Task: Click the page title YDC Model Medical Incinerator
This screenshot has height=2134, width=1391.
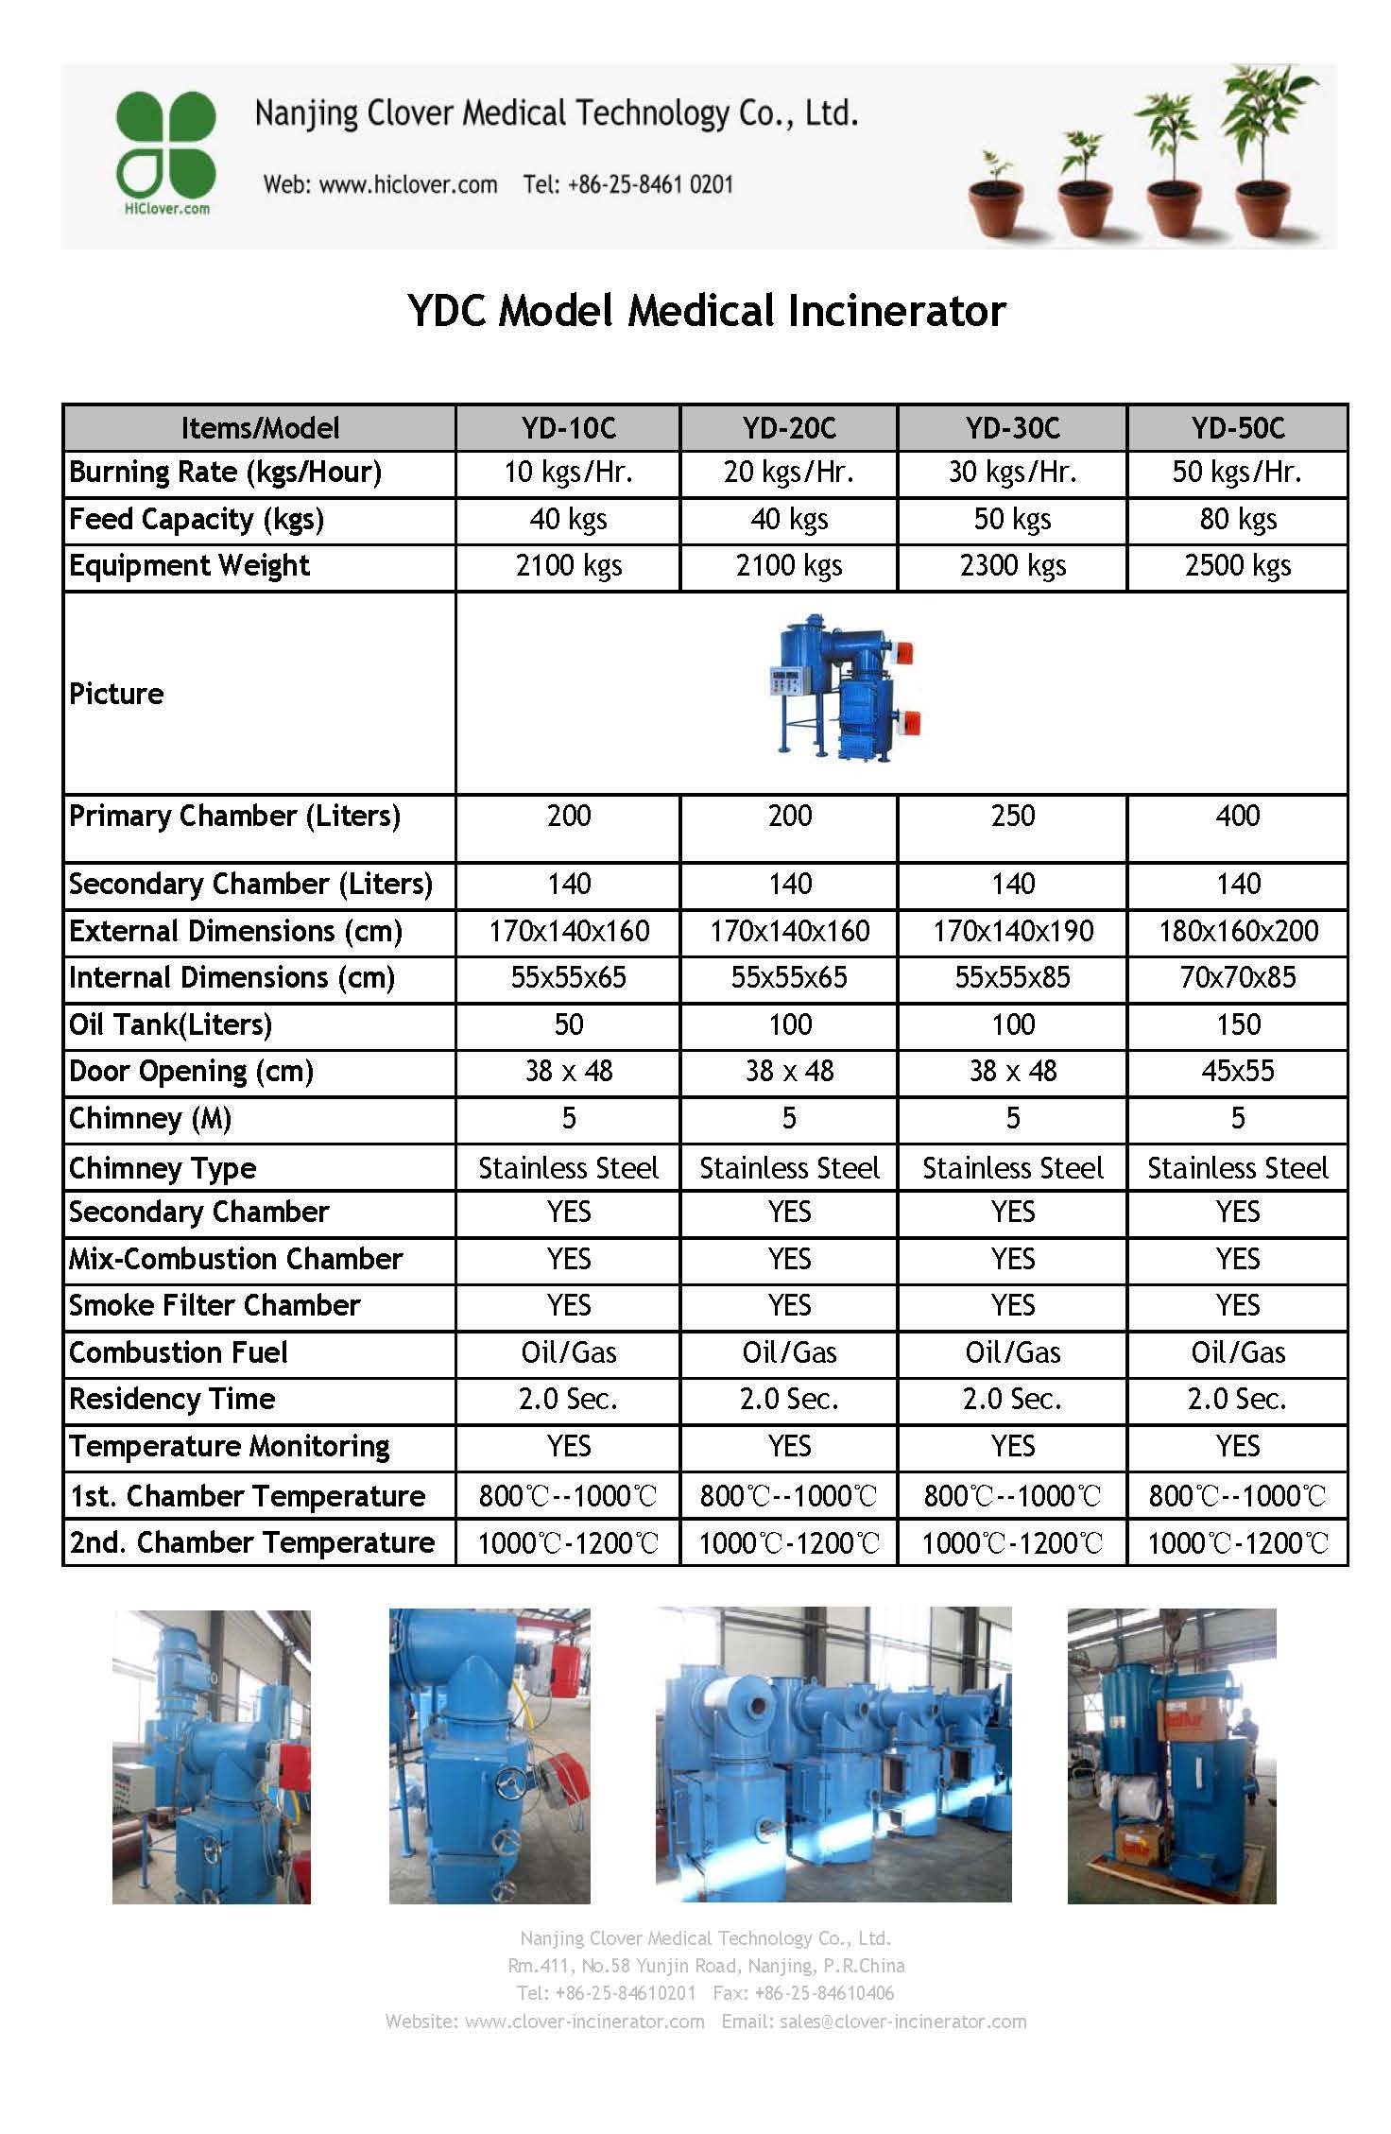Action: (x=706, y=311)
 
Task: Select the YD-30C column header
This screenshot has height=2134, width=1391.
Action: (x=1012, y=428)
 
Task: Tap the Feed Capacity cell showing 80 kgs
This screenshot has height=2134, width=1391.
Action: (x=1237, y=519)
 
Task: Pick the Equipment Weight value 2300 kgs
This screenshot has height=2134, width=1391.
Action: (x=1012, y=565)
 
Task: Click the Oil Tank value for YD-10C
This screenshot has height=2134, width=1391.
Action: (x=568, y=1024)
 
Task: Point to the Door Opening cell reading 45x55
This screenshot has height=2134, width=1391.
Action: (x=1237, y=1071)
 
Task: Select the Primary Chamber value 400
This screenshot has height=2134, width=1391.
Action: (x=1237, y=816)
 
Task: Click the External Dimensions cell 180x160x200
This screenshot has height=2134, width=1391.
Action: (x=1237, y=931)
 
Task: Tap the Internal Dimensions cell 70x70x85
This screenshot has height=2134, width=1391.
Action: (x=1237, y=977)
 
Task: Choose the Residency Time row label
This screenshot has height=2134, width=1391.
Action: (x=172, y=1399)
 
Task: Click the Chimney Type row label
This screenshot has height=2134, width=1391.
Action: (x=163, y=1168)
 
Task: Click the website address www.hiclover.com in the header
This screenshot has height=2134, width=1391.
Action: (x=408, y=184)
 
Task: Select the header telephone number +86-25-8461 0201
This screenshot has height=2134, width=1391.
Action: (x=650, y=184)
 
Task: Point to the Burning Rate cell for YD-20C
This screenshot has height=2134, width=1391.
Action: (x=789, y=472)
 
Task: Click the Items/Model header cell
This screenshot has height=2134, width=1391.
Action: (x=260, y=428)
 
